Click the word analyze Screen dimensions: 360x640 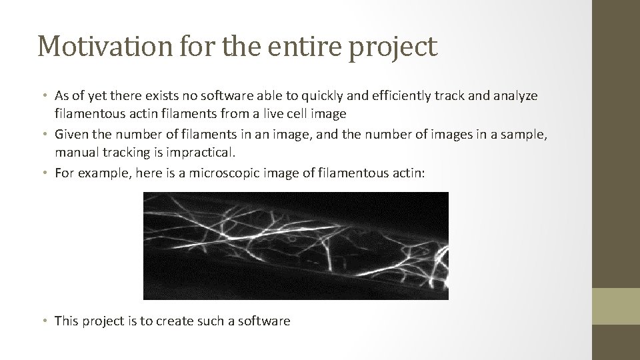tap(517, 96)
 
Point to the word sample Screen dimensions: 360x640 tap(525, 134)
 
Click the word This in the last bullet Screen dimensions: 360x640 tap(67, 321)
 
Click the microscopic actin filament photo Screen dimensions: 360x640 tap(296, 245)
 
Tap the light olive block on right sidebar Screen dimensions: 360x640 tap(616, 306)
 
